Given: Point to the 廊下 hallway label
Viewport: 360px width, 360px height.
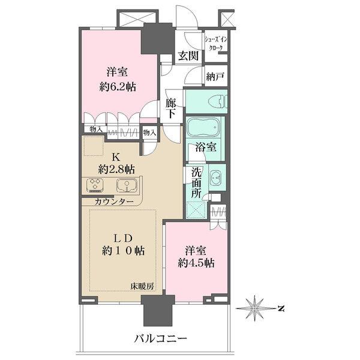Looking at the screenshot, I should point(171,108).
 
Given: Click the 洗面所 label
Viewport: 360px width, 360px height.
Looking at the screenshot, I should point(196,181).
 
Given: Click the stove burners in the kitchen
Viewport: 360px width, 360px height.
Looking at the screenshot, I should point(95,185).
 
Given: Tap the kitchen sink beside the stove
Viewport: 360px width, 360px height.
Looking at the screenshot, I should point(127,185).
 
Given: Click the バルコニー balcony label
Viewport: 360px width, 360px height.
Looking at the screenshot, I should point(161,338).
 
